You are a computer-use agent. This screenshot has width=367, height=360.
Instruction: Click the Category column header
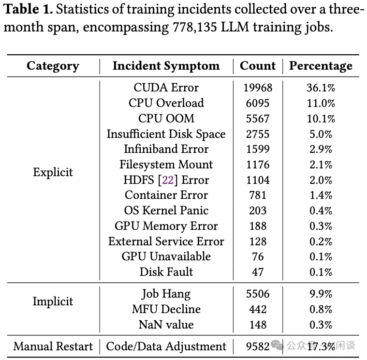coord(53,66)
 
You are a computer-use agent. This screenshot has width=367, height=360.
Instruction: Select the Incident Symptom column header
coord(166,66)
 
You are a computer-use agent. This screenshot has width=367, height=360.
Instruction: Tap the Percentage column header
coord(321,66)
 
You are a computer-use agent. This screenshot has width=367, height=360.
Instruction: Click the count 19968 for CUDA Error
coord(258,88)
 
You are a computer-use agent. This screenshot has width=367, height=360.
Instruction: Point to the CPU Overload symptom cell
coord(166,103)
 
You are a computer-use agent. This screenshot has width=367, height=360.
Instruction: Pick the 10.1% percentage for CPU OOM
coord(321,119)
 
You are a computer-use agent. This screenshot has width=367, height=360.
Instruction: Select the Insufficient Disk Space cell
coord(166,134)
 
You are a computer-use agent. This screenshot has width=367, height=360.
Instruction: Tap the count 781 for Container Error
coord(258,195)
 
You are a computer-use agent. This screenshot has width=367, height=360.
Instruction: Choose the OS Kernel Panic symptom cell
coord(166,210)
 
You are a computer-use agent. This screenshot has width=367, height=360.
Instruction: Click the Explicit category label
coord(53,172)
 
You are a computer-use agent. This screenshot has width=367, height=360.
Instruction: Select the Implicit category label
coord(53,301)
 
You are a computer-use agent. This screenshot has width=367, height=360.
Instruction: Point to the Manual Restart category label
coord(53,346)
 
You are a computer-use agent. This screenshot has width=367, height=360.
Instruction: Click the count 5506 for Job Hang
coord(258,294)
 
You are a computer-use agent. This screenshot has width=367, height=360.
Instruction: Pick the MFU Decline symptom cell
coord(166,309)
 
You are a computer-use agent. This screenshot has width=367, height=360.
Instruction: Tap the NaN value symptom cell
coord(166,325)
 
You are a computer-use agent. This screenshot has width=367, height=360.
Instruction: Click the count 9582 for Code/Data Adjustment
coord(258,346)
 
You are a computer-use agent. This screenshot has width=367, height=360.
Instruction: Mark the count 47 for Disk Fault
coord(258,272)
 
